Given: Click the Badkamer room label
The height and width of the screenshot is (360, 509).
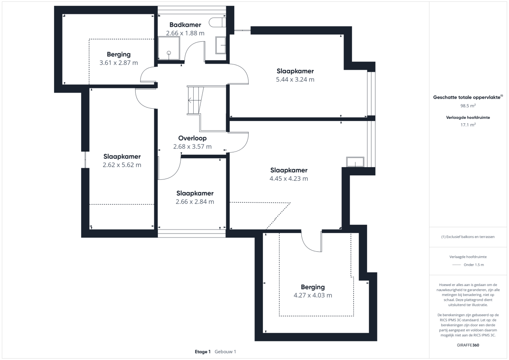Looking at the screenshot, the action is click(185, 25).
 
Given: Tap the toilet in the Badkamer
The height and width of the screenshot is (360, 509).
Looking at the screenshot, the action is click(218, 23).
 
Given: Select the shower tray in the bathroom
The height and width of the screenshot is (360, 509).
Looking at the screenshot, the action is click(169, 49).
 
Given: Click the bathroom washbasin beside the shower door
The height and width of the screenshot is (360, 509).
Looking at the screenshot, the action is click(221, 45).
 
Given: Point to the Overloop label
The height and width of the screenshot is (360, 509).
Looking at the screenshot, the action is click(192, 138).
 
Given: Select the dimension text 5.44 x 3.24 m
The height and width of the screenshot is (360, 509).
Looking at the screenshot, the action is click(295, 80).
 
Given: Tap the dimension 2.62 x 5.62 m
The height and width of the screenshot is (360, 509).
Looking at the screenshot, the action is click(122, 165).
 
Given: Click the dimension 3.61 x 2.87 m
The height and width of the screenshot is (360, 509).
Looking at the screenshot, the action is click(119, 63).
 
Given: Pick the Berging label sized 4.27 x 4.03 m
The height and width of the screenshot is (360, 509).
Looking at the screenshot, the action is click(313, 287).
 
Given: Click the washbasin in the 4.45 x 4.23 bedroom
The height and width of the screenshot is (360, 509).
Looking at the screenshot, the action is click(355, 162).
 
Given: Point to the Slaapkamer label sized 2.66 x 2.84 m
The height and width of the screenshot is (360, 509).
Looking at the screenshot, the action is click(195, 193).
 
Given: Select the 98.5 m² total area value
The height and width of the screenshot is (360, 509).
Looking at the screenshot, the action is click(468, 106).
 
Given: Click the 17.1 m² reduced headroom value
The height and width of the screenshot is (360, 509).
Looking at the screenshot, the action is click(468, 125).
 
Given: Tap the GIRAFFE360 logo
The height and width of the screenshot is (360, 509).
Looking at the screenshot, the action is click(468, 345).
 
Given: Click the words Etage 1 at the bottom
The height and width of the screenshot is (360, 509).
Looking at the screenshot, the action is click(203, 352).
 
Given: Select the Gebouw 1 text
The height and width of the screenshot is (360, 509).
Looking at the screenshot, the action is click(225, 352).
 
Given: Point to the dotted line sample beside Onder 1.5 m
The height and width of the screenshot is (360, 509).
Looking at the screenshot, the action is click(457, 265).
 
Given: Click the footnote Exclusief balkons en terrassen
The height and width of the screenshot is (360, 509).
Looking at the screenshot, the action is click(468, 237).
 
